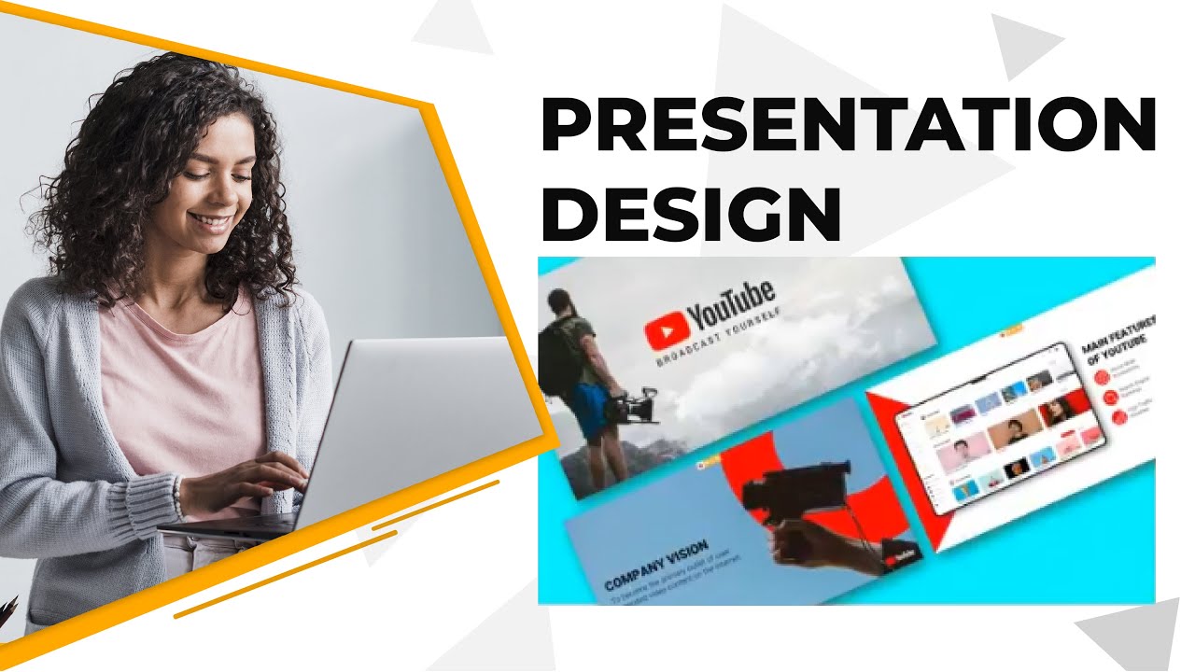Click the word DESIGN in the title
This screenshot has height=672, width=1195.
691,215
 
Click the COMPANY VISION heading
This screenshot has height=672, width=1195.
655,566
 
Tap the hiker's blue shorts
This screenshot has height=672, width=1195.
590,412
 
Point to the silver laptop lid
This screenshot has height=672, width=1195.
420,420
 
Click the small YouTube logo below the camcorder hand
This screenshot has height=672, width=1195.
902,557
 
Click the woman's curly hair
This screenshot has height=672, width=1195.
140,140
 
